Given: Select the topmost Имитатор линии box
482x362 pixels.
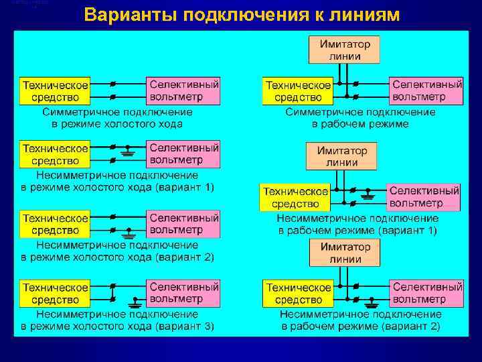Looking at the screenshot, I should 344,50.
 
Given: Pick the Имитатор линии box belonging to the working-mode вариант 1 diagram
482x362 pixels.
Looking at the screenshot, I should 341,156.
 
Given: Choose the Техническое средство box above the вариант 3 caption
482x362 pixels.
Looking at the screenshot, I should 55,293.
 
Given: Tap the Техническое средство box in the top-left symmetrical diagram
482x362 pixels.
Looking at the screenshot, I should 55,92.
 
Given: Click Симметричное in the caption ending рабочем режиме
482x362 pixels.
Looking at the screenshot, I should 317,113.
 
